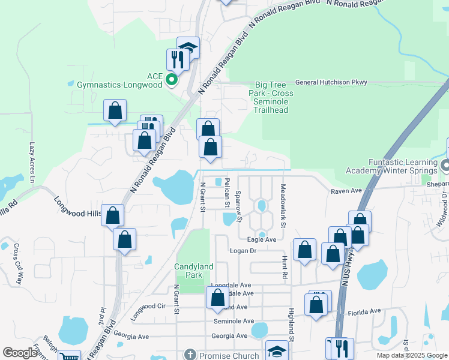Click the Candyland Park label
[193, 271]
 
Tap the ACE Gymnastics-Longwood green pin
[171, 79]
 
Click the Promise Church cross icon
[190, 355]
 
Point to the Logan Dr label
[244, 251]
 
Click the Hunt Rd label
[283, 266]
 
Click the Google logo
[20, 353]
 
